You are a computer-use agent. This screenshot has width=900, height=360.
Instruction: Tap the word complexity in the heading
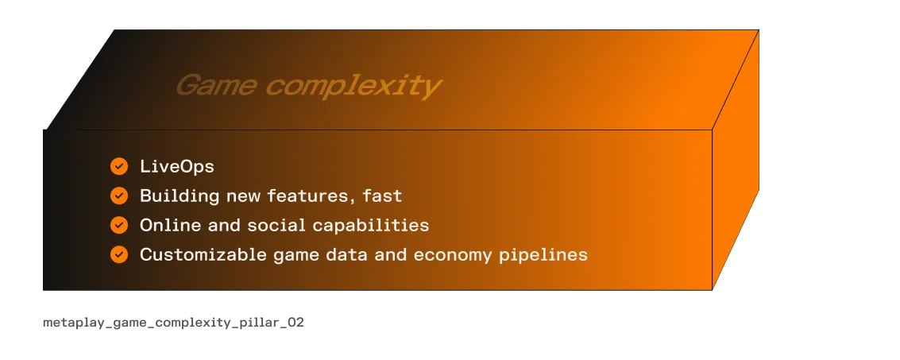click(x=353, y=86)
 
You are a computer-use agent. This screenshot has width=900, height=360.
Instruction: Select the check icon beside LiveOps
click(x=119, y=166)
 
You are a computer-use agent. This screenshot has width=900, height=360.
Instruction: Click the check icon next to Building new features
click(x=119, y=195)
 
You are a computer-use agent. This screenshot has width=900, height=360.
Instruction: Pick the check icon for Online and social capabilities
click(x=119, y=225)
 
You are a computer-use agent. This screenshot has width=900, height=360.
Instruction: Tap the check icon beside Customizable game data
click(x=119, y=254)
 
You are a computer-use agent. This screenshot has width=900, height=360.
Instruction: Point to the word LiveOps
click(x=176, y=166)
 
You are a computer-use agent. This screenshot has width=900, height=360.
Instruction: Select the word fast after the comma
click(x=384, y=195)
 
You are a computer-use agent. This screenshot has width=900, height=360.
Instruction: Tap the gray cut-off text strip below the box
click(x=172, y=323)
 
